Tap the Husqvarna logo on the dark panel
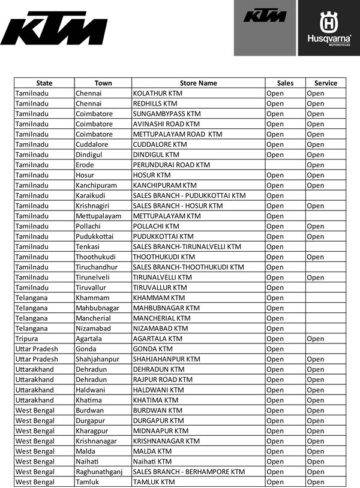(329, 28)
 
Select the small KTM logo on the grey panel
(265, 16)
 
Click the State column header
(44, 83)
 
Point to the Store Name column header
(199, 83)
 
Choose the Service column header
(326, 83)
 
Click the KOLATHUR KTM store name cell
(158, 94)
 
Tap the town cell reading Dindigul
(90, 155)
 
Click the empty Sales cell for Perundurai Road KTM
(285, 165)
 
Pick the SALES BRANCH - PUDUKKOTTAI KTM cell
(189, 195)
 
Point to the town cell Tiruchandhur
(98, 267)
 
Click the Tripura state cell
(27, 339)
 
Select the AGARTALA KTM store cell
(158, 339)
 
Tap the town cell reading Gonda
(86, 349)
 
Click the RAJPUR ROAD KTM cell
(163, 379)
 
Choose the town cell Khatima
(89, 400)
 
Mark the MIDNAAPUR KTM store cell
(160, 430)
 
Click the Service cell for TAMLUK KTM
(316, 482)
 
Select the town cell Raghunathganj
(99, 472)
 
